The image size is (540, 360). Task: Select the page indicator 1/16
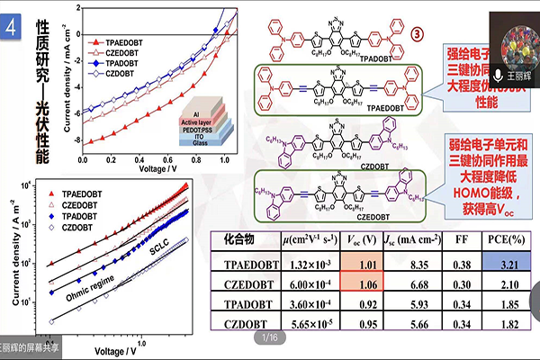tap(269, 337)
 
